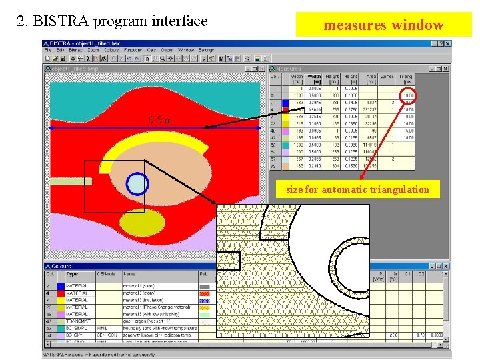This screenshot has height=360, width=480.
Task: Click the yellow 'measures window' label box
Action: (383, 25)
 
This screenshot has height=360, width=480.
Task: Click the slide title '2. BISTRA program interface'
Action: (112, 21)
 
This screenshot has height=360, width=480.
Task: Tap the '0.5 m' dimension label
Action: (160, 120)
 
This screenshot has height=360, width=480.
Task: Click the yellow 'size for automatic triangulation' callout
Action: (357, 189)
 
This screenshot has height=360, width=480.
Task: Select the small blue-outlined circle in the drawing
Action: (137, 182)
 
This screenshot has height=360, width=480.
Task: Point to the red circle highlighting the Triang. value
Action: (407, 95)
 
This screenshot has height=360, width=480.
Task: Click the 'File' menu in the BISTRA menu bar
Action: (48, 50)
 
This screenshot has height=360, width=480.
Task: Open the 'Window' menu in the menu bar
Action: (186, 50)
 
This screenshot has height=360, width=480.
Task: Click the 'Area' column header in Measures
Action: (371, 79)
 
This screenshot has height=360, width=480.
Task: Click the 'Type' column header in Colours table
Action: (72, 274)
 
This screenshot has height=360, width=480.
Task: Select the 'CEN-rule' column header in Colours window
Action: (107, 274)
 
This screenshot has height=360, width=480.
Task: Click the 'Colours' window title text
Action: (61, 266)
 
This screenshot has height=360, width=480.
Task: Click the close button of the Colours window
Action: (445, 266)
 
